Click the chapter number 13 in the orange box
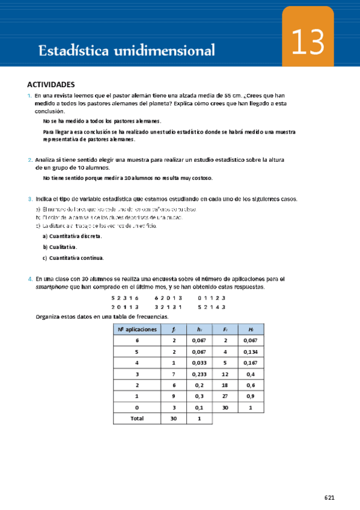pos(308,43)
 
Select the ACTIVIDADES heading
pos(51,85)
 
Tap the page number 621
pos(329,497)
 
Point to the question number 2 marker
pos(30,159)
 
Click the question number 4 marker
pos(30,279)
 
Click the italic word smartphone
pos(52,287)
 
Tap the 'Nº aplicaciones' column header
pos(137,329)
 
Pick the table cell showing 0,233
pos(199,374)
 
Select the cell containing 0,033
pos(199,363)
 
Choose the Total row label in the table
pos(137,419)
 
